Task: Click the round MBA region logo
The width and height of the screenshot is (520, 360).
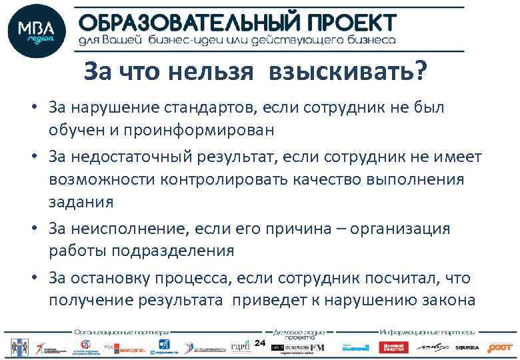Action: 37,31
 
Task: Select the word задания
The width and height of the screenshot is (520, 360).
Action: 81,201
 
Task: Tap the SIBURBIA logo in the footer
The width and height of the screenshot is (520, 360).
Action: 467,347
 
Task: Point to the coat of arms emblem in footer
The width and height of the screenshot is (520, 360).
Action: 16,347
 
